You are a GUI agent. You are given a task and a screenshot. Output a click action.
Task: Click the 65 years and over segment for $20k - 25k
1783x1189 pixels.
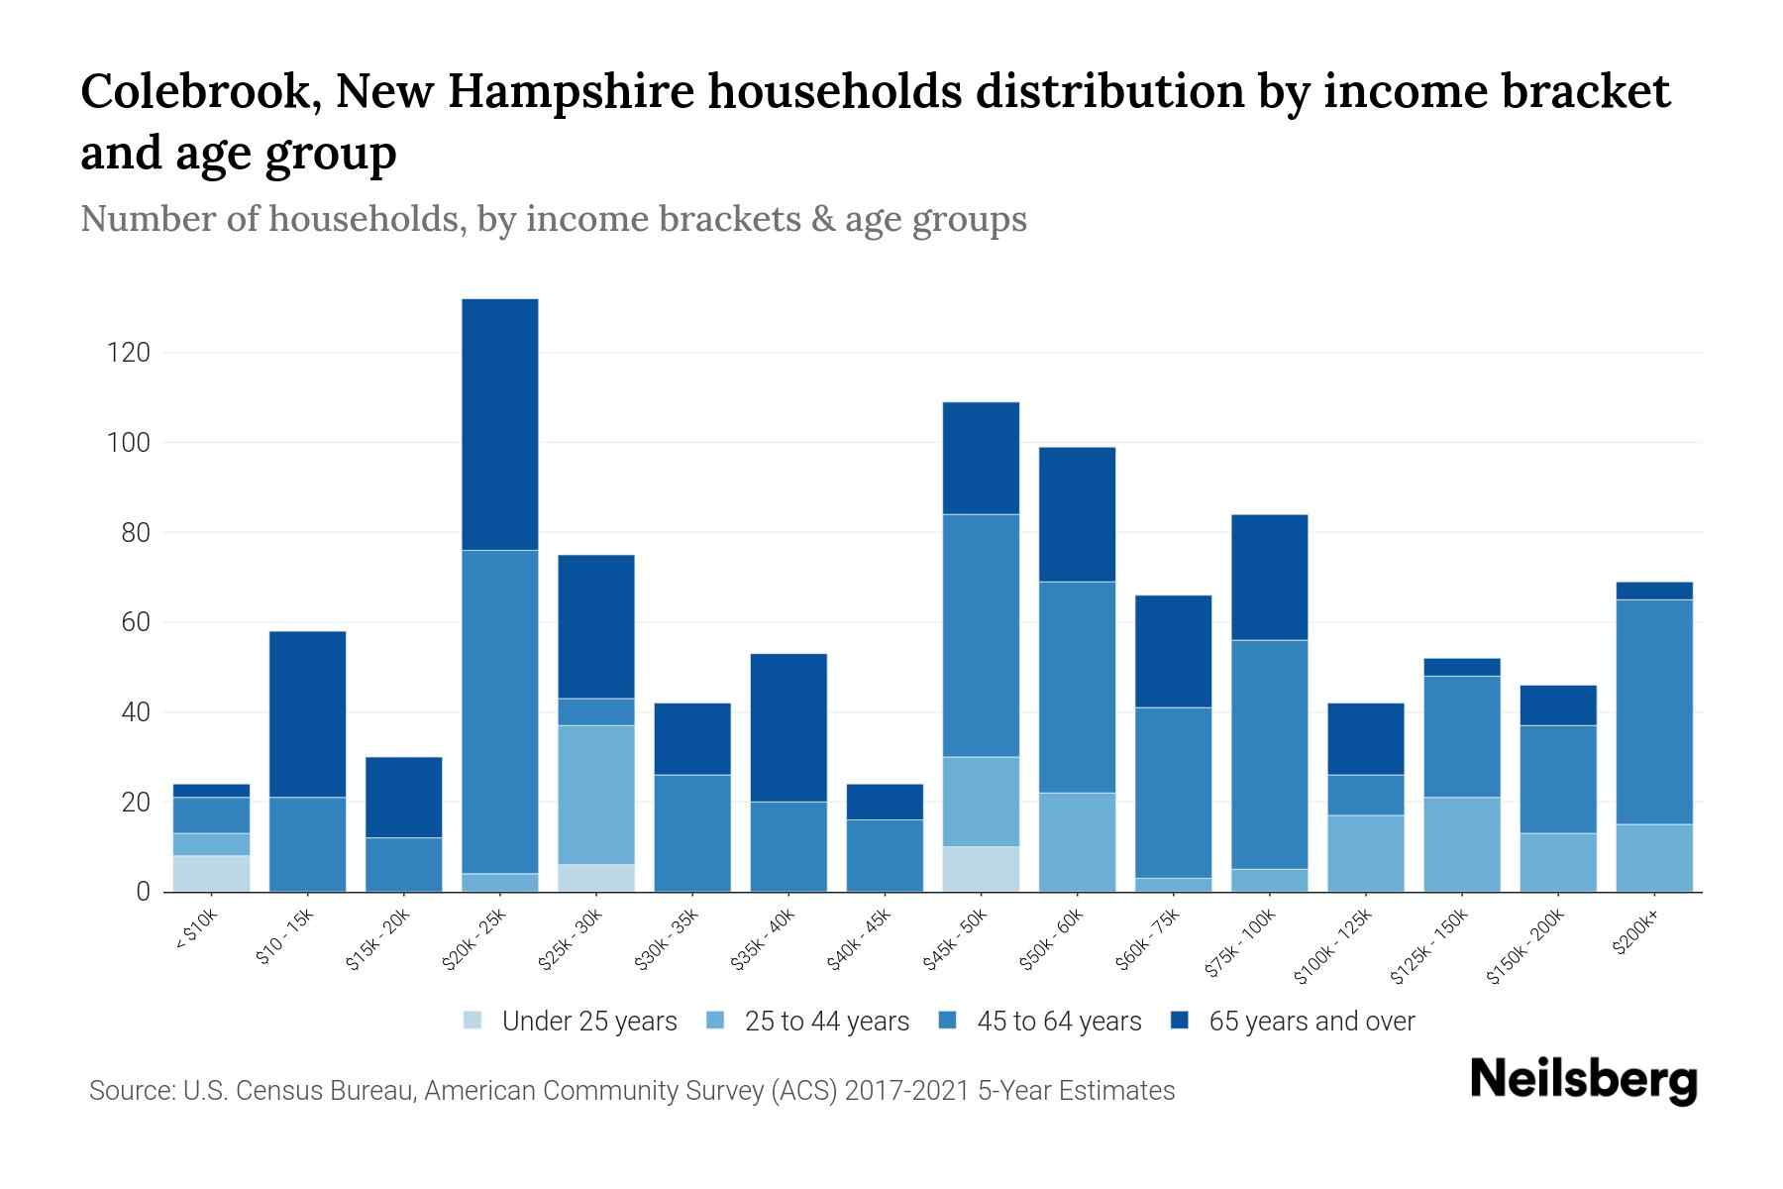pyautogui.click(x=500, y=424)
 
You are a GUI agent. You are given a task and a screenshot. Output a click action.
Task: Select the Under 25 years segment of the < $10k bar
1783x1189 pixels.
pyautogui.click(x=212, y=873)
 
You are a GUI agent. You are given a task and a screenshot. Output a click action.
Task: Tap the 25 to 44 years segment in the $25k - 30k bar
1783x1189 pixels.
pyautogui.click(x=596, y=795)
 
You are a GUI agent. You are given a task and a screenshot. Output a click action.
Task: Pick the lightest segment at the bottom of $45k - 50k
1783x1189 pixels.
pyautogui.click(x=981, y=869)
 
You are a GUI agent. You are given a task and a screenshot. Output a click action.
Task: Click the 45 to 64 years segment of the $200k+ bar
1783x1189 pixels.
pyautogui.click(x=1654, y=711)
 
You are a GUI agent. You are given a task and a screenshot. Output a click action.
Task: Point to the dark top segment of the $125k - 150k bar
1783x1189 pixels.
pyautogui.click(x=1462, y=667)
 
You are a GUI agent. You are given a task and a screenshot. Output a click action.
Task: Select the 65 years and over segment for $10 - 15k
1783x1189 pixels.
pyautogui.click(x=308, y=713)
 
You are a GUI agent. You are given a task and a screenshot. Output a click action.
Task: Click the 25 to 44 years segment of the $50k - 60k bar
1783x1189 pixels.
pyautogui.click(x=1077, y=842)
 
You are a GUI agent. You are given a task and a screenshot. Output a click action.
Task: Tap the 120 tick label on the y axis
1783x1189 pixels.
pyautogui.click(x=129, y=353)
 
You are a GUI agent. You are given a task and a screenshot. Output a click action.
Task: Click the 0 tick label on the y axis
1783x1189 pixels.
pyautogui.click(x=144, y=892)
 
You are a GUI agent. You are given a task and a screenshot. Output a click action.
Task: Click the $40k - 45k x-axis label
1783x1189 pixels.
pyautogui.click(x=859, y=940)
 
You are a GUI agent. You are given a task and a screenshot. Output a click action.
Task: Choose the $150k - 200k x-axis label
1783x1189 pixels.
pyautogui.click(x=1525, y=948)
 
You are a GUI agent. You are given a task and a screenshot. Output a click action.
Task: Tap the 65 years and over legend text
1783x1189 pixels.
pyautogui.click(x=1311, y=1022)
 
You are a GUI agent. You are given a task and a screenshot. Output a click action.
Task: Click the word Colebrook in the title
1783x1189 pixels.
pyautogui.click(x=198, y=92)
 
